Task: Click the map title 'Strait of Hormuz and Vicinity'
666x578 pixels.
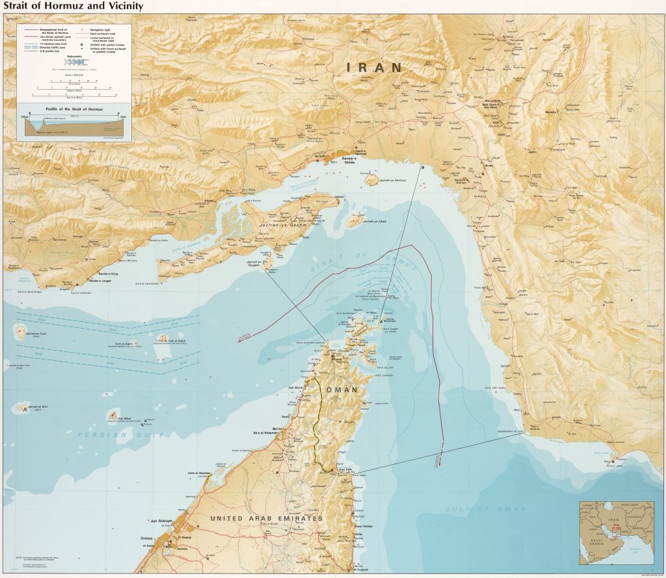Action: [73, 7]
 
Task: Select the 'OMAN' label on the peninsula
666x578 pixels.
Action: [343, 389]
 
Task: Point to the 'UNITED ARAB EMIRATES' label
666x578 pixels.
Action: [266, 518]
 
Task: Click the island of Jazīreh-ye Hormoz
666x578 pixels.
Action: [371, 179]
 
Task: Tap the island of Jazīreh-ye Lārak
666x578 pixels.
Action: [356, 222]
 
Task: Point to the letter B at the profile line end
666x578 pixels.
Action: [423, 167]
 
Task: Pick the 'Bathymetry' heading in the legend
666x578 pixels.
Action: [74, 57]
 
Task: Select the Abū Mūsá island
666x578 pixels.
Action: [114, 415]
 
